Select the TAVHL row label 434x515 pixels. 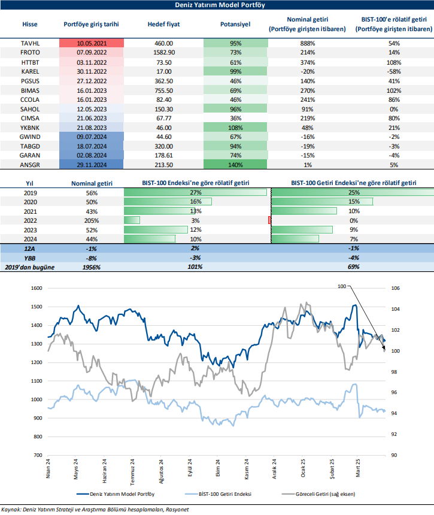(29, 44)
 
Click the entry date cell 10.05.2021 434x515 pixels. (91, 44)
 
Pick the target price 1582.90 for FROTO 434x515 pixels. (160, 53)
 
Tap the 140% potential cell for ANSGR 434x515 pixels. (235, 163)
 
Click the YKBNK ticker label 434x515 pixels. (29, 128)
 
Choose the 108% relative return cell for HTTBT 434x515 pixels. (393, 62)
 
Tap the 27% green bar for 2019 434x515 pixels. (196, 193)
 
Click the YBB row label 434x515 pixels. (29, 257)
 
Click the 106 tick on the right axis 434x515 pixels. (394, 288)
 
